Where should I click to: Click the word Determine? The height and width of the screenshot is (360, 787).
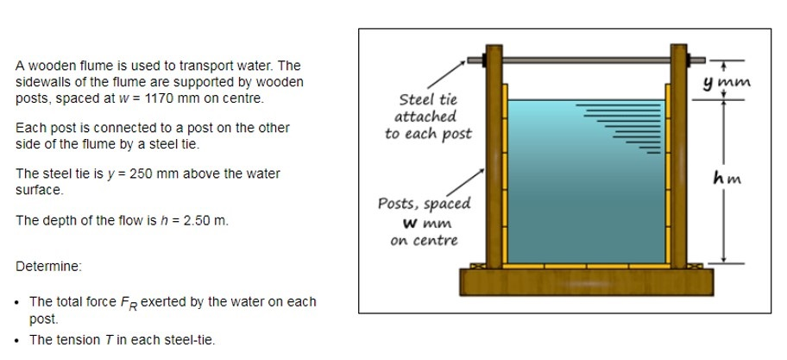[x=48, y=266]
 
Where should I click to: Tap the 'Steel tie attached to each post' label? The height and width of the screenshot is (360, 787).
[x=427, y=117]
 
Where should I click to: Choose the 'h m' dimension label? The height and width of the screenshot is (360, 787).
[x=728, y=179]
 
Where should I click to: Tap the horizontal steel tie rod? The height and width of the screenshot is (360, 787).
[x=587, y=60]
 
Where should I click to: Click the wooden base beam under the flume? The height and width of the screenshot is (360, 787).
[x=587, y=281]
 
